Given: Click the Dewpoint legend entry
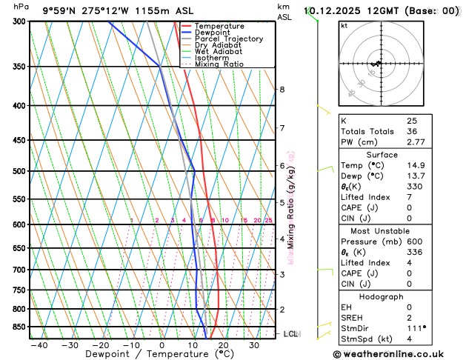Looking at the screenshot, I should click(210, 33).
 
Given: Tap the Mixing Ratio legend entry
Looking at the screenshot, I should click(219, 64).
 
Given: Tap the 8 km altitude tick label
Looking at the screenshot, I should click(282, 90).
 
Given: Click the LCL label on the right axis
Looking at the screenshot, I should click(293, 334).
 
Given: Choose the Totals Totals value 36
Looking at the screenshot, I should click(412, 130).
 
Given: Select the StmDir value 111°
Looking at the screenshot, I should click(416, 328).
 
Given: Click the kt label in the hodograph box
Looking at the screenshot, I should click(344, 25).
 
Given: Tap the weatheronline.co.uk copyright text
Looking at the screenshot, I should click(397, 355).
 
